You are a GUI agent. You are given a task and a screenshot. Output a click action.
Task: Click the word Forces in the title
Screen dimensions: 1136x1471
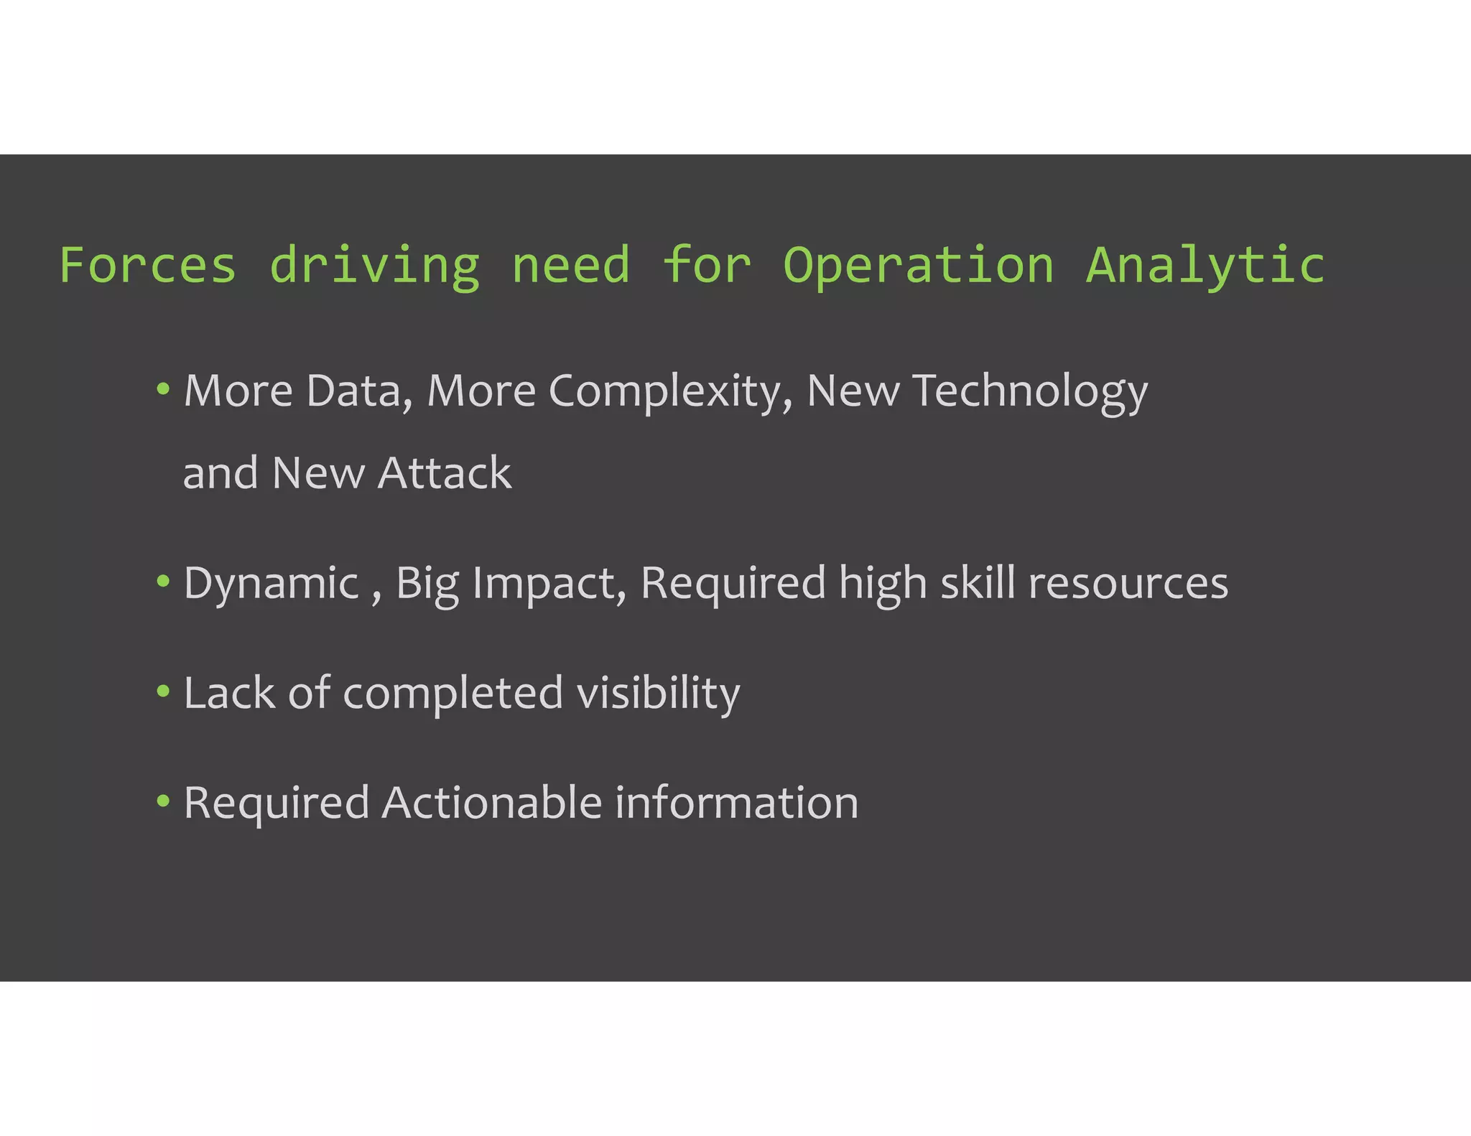tap(147, 265)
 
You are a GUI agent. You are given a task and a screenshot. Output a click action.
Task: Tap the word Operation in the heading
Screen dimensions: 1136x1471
tap(918, 265)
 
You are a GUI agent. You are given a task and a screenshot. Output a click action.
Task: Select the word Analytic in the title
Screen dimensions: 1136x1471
tap(1205, 265)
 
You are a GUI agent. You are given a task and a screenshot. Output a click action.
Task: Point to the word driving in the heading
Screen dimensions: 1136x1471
tap(374, 265)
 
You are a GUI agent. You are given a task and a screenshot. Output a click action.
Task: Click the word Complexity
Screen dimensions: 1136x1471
tap(670, 391)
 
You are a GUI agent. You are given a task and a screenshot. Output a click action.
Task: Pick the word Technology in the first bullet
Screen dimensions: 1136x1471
tap(1030, 391)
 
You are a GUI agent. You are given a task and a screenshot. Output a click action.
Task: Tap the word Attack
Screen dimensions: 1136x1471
tap(445, 473)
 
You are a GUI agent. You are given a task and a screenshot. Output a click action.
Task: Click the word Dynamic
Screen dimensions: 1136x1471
tap(271, 583)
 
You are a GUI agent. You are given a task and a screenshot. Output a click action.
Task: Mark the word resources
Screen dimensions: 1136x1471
tap(1128, 583)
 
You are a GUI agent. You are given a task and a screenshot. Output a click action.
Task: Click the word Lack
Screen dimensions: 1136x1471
tap(229, 693)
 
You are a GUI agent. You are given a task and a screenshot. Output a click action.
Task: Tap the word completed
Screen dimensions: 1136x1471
tap(453, 693)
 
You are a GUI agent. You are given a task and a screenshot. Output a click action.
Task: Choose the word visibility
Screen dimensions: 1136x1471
tap(658, 693)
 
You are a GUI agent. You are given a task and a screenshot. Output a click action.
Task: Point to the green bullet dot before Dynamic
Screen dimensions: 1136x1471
tap(163, 581)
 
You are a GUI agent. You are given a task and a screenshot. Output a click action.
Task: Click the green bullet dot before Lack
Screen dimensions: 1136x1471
tap(163, 691)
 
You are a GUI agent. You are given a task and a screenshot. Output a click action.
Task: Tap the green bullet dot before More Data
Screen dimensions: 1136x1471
tap(163, 389)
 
